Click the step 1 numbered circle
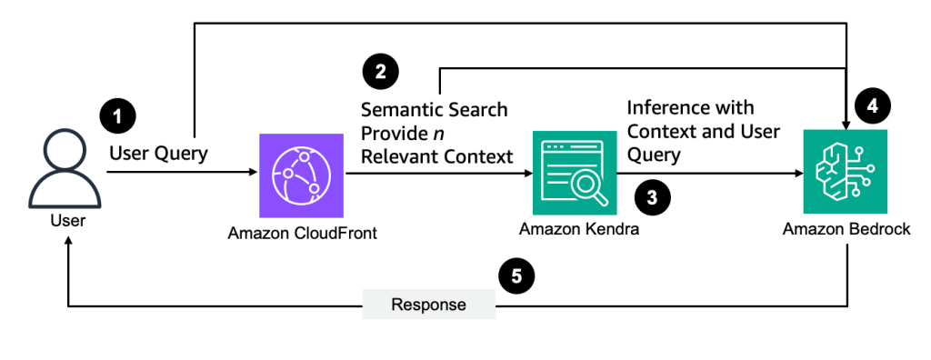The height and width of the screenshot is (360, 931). pos(117,116)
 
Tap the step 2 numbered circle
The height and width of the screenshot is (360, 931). pos(380,71)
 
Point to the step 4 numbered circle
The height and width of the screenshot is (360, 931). pos(872,105)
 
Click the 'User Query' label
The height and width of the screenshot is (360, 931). pos(158,153)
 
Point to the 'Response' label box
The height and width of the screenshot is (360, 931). pos(428,305)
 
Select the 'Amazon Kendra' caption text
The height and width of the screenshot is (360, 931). pos(579,229)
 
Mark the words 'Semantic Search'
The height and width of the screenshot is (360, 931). pos(434,110)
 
